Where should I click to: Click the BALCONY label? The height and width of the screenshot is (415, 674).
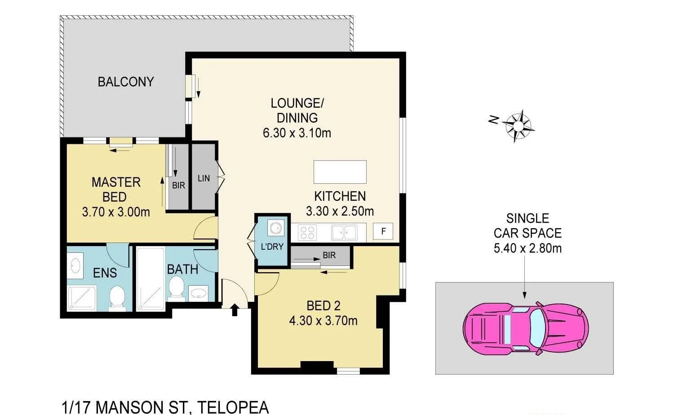(126, 82)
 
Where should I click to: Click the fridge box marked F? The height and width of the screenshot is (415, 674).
(383, 232)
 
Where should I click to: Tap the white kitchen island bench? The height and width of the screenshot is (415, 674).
(340, 172)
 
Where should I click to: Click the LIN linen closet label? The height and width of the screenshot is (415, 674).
(204, 178)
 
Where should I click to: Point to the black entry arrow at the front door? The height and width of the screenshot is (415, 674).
(235, 310)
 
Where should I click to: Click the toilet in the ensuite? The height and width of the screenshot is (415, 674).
(117, 297)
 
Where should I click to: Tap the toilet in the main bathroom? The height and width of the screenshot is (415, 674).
(176, 287)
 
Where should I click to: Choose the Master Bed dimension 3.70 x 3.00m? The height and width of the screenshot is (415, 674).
(116, 212)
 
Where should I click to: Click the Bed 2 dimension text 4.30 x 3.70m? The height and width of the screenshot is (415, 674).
(323, 321)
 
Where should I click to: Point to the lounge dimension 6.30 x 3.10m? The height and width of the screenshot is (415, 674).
(297, 133)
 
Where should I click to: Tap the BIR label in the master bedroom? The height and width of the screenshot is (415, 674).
(178, 185)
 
